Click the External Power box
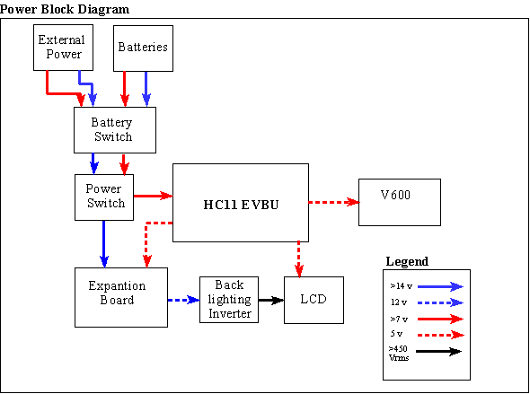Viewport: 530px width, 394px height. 63,48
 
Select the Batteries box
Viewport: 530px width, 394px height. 143,48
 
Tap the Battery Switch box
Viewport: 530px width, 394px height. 115,130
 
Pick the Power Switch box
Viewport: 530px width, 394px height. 104,197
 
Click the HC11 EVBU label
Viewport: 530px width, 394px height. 241,205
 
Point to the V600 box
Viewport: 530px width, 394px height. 400,202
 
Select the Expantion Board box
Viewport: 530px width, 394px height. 121,297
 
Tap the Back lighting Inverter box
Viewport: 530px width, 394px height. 229,300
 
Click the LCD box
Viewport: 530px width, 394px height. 314,300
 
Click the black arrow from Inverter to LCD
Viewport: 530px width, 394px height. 271,300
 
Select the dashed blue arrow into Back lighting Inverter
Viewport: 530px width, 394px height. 183,300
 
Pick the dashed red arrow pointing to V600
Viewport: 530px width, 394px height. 333,202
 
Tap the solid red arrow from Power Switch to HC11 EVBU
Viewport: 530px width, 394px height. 153,196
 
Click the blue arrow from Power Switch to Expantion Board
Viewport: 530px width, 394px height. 104,244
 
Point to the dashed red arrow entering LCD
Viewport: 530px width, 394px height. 299,259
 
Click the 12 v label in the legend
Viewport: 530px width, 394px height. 399,302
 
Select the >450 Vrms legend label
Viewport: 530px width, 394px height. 399,353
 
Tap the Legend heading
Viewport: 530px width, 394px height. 407,261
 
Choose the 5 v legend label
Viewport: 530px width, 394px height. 396,334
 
